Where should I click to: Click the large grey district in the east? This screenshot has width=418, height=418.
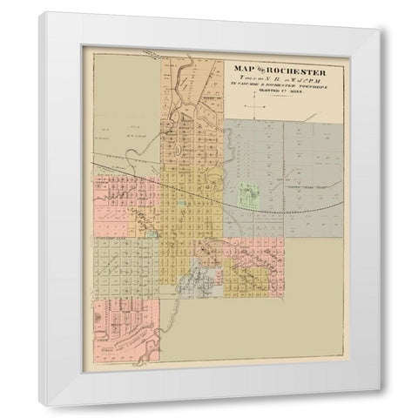click(x=287, y=165)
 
